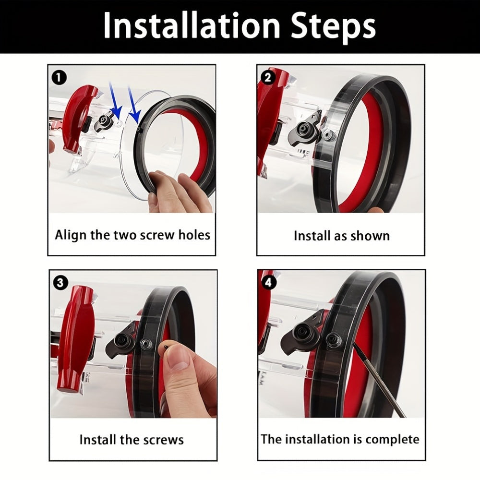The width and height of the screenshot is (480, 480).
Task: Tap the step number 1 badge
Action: pos(59,78)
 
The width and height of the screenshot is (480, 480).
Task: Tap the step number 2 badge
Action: pos(267,78)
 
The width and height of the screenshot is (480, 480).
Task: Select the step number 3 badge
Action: pos(60,282)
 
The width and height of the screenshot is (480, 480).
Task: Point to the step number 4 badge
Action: pos(268,282)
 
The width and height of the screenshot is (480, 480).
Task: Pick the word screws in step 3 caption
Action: pos(164,440)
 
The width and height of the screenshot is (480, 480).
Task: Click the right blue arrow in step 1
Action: pos(134,105)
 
